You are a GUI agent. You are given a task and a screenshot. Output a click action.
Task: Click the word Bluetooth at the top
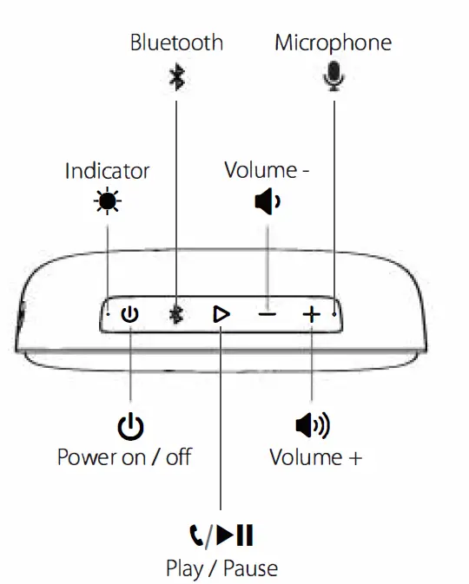[176, 43]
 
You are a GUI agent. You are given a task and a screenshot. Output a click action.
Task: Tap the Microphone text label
[333, 43]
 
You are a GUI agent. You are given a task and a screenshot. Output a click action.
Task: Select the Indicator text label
[107, 171]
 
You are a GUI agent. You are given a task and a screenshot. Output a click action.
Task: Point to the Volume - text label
[267, 170]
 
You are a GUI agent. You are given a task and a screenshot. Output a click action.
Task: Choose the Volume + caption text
[314, 457]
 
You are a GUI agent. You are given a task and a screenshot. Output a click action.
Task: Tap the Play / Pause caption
[221, 568]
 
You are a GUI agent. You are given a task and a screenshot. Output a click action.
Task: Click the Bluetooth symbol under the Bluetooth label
[176, 77]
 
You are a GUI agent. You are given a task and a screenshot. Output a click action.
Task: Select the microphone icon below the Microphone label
[333, 77]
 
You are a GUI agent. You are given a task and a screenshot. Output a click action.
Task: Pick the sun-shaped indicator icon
[109, 201]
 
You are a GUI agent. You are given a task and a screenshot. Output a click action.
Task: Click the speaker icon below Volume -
[267, 202]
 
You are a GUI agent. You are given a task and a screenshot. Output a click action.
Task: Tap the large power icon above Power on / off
[130, 426]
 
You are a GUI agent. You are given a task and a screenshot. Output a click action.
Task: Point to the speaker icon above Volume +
[314, 425]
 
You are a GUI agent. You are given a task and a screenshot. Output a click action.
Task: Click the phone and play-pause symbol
[221, 535]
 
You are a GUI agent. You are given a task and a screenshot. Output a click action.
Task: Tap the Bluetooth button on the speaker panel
[176, 314]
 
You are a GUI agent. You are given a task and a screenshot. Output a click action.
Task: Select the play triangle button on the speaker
[221, 314]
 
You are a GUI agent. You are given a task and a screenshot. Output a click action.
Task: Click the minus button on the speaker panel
[267, 314]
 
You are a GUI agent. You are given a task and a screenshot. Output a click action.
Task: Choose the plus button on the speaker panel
[311, 314]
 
